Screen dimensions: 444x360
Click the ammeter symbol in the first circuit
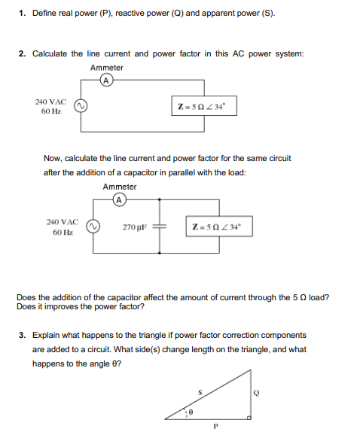106,81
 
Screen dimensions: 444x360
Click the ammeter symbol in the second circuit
119,199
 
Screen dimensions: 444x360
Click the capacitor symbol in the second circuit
159,226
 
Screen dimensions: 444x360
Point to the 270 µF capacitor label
131,226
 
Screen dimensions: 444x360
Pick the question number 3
23,334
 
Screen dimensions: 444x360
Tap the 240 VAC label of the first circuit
50,101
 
